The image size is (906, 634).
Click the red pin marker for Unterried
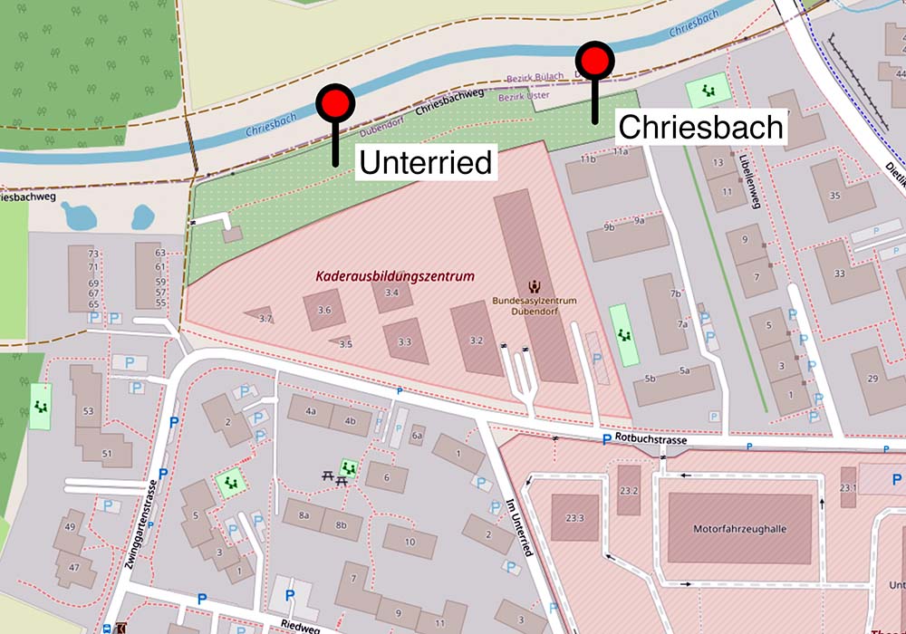(x=334, y=104)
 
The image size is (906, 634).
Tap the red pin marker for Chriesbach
(x=595, y=61)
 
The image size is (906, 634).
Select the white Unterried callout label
(x=426, y=163)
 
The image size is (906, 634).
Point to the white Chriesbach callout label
(x=699, y=127)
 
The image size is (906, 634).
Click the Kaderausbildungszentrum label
(x=395, y=276)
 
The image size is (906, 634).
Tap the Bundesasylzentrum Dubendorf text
(x=535, y=305)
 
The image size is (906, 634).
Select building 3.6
(x=324, y=310)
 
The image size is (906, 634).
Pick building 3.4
(x=392, y=293)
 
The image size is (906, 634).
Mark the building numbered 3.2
(x=477, y=340)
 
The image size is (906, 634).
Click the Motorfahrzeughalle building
(x=740, y=529)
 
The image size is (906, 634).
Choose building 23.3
(x=574, y=518)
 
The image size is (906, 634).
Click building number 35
(x=834, y=195)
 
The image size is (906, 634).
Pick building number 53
(x=88, y=411)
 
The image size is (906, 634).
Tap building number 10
(x=410, y=542)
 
